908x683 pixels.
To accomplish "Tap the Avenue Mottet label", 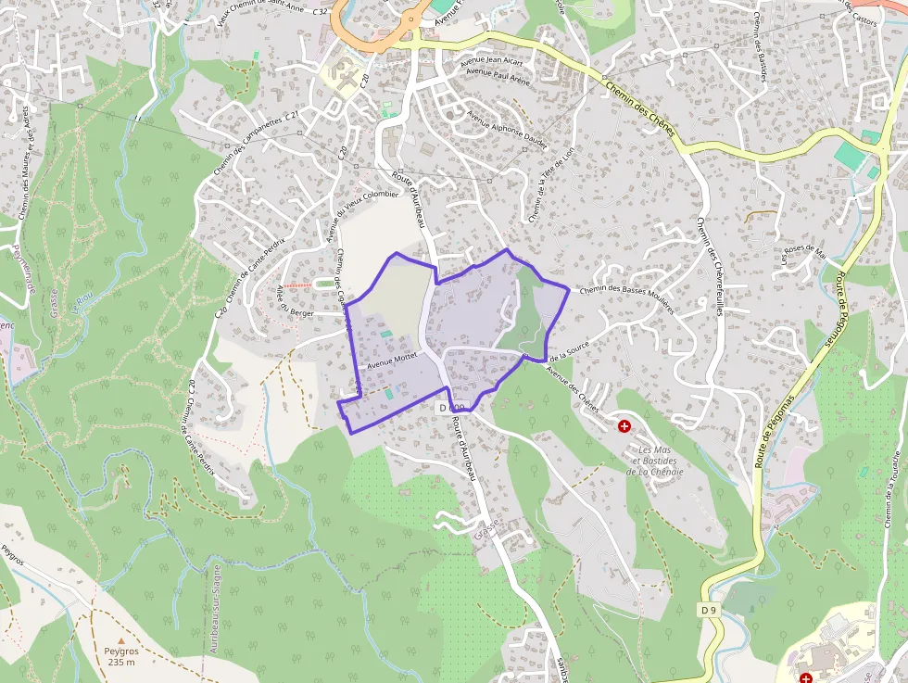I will tap(393, 360).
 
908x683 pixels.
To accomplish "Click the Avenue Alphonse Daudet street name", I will tap(507, 131).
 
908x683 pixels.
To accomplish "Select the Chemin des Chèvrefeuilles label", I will tap(709, 268).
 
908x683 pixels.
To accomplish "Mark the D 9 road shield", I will tap(709, 610).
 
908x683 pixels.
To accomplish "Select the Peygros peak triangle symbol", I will tap(120, 639).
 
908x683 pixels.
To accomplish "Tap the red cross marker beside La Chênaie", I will tap(624, 426).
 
